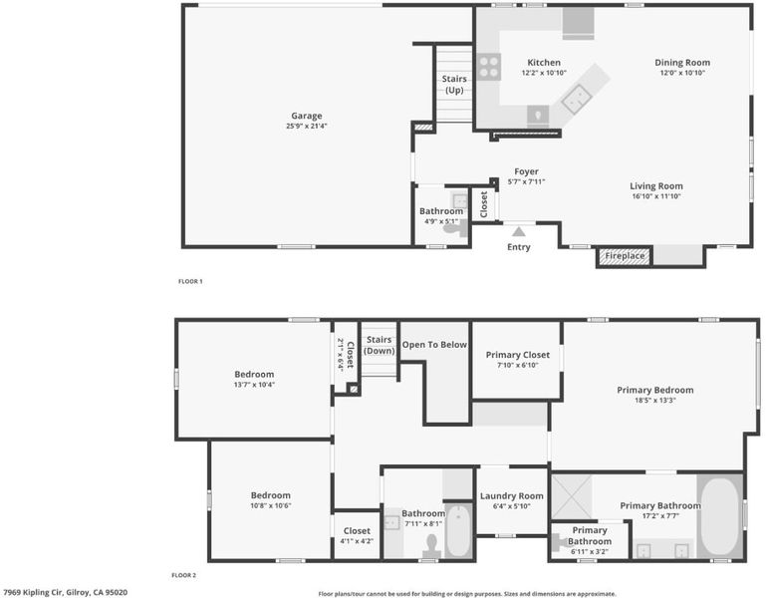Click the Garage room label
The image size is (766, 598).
click(307, 116)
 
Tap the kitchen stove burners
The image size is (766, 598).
click(488, 67)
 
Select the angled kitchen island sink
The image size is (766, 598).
click(577, 99)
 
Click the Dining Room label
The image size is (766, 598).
click(682, 63)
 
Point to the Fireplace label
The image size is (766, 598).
click(625, 256)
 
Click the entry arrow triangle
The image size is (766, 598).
click(519, 231)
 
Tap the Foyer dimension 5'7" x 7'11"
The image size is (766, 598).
click(526, 182)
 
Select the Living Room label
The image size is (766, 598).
click(656, 186)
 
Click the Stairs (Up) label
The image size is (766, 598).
click(454, 84)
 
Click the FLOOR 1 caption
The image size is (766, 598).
click(190, 281)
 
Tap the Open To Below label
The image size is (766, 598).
click(434, 345)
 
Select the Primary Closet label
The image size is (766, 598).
click(517, 355)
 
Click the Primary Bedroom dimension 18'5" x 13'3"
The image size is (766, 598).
click(655, 401)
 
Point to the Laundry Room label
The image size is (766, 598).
click(511, 496)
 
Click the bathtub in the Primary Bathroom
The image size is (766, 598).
click(720, 516)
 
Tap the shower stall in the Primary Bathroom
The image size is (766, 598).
click(572, 496)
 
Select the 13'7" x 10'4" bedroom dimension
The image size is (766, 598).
click(254, 385)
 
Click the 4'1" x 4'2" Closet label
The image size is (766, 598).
click(357, 531)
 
